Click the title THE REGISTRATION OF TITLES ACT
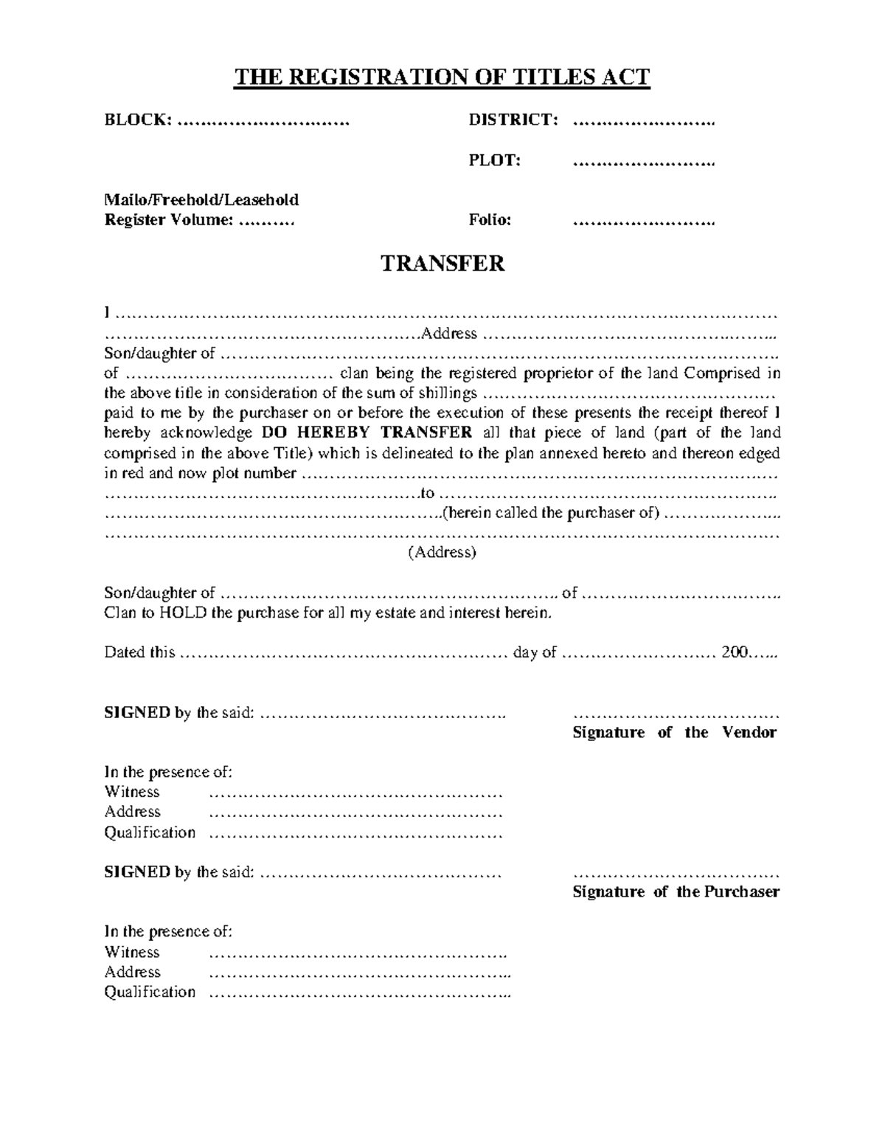point(442,77)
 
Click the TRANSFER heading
point(442,263)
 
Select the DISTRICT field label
point(513,120)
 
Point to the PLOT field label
point(495,160)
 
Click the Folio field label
point(490,220)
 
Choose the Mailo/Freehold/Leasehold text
point(201,200)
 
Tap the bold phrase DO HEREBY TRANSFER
point(367,432)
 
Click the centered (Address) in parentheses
point(442,552)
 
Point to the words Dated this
point(139,652)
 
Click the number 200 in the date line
point(735,652)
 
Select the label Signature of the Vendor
point(675,733)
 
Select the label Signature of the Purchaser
point(676,892)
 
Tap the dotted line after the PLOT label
point(644,162)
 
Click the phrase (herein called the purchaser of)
point(550,513)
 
